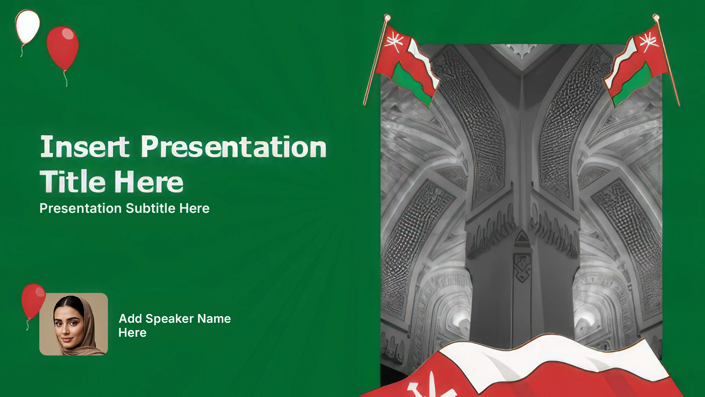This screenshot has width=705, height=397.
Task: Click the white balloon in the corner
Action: pyautogui.click(x=28, y=27)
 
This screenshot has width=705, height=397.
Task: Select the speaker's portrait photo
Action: pyautogui.click(x=73, y=324)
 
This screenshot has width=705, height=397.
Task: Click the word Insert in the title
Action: pyautogui.click(x=85, y=146)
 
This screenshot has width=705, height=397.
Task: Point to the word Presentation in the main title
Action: pyautogui.click(x=234, y=147)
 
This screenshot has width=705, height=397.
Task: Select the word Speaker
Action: pyautogui.click(x=170, y=319)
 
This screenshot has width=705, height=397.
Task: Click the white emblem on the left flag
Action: pyautogui.click(x=395, y=41)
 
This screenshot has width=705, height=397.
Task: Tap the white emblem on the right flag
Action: pyautogui.click(x=648, y=41)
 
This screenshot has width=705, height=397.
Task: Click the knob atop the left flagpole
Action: pyautogui.click(x=387, y=17)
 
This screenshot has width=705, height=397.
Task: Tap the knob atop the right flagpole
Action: pyautogui.click(x=656, y=17)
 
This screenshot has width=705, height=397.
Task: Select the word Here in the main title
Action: pyautogui.click(x=149, y=182)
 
